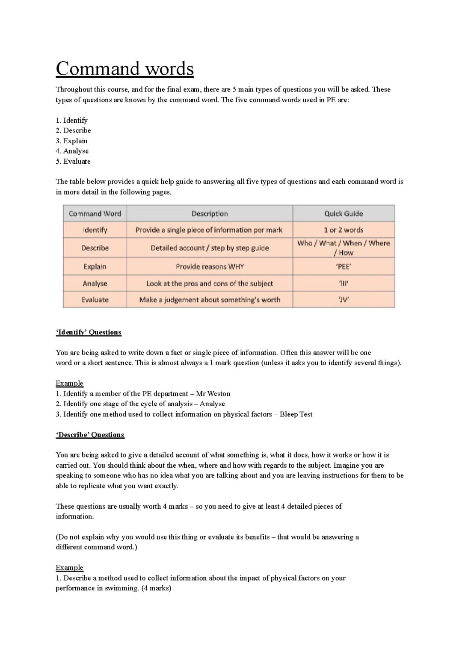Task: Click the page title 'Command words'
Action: coord(124,69)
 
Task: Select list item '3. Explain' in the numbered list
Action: coord(71,141)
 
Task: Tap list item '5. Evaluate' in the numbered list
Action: coord(73,161)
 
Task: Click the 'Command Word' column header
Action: coord(95,213)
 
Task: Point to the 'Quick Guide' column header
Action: coord(343,213)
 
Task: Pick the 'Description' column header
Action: coord(210,213)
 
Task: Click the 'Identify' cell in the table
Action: coord(95,230)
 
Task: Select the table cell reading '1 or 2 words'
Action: coord(343,230)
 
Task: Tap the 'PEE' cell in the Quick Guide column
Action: coord(343,266)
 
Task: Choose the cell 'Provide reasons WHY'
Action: coord(210,266)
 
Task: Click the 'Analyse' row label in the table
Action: coord(95,283)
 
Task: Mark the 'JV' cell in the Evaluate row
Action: coord(343,299)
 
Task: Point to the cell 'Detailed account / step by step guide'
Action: coord(210,248)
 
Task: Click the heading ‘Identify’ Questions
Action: coord(89,332)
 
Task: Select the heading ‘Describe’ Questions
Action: coord(90,435)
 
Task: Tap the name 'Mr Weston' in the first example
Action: coord(213,393)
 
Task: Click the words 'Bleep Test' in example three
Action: coord(296,414)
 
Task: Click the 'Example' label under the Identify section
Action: coord(69,383)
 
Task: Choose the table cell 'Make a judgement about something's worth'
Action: coord(210,299)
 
